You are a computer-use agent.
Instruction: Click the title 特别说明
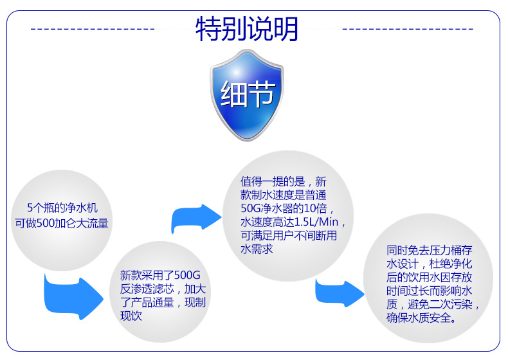(x=247, y=29)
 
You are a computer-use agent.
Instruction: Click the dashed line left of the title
(x=93, y=29)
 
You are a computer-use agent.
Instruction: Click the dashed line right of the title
(x=408, y=29)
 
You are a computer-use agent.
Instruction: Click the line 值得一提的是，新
(x=284, y=182)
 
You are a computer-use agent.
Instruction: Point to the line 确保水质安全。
(x=422, y=318)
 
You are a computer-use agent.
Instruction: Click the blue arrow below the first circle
(x=72, y=296)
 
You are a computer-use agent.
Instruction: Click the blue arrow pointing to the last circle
(x=340, y=294)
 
